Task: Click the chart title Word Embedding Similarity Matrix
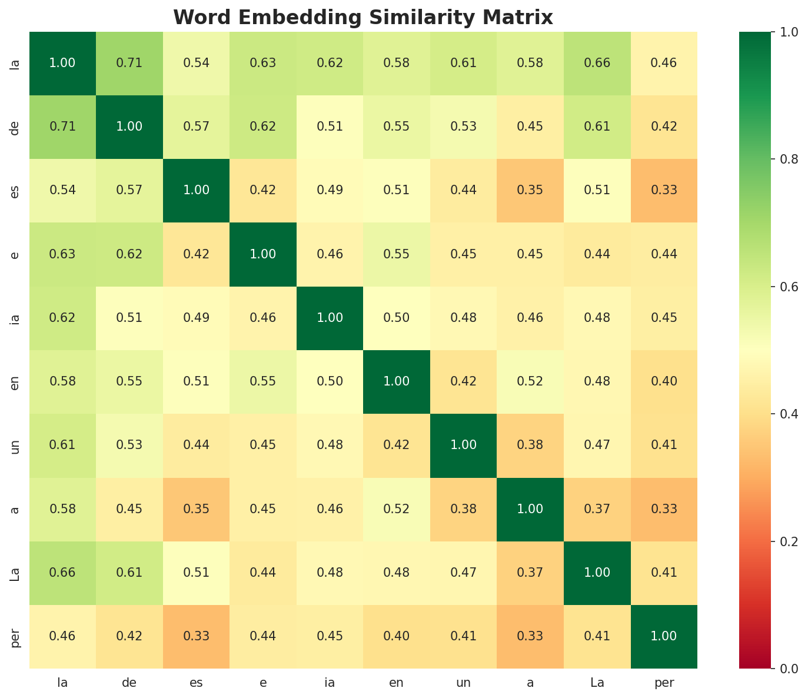363,18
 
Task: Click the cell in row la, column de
129,63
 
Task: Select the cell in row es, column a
530,190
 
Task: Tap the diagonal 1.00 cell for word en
397,381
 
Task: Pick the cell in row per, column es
196,636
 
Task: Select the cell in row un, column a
530,445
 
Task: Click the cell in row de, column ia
330,127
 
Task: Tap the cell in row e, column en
397,254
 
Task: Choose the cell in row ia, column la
62,318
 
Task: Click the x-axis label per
664,683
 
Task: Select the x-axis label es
196,683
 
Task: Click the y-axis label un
16,445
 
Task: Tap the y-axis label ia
16,318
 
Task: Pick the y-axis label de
16,127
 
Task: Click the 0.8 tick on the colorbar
776,159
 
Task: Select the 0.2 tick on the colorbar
776,541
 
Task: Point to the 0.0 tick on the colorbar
776,669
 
